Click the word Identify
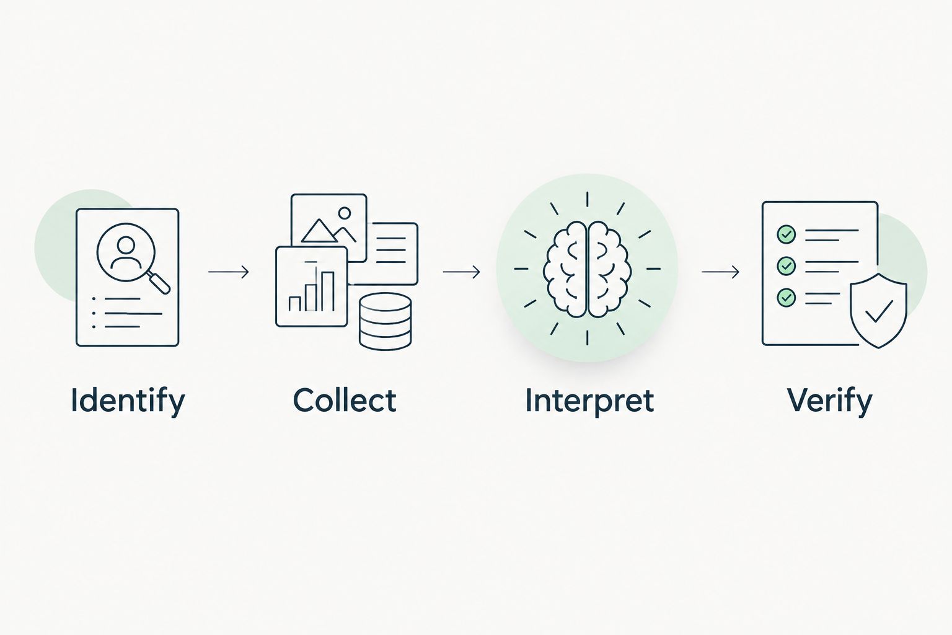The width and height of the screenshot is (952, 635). point(128,400)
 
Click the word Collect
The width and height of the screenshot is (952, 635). point(345,400)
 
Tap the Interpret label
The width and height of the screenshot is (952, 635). point(589,401)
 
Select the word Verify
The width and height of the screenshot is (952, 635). point(830,401)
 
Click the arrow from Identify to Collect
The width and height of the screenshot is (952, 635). point(229,272)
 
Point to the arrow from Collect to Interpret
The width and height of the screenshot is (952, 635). point(462,272)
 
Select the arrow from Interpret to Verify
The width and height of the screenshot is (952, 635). point(720,272)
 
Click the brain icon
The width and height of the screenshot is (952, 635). point(588,269)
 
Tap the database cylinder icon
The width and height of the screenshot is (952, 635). point(385,321)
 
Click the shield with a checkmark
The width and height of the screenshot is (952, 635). point(878,311)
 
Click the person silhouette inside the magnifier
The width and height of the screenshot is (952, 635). point(126,252)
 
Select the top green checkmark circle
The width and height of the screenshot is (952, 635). point(787,234)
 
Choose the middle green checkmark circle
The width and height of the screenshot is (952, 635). point(787,266)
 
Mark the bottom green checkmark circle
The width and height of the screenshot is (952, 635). point(787,297)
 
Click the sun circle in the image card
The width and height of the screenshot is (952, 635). point(345,213)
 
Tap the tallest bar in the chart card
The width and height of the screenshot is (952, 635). point(327,291)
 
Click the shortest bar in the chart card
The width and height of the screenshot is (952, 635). point(294,304)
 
